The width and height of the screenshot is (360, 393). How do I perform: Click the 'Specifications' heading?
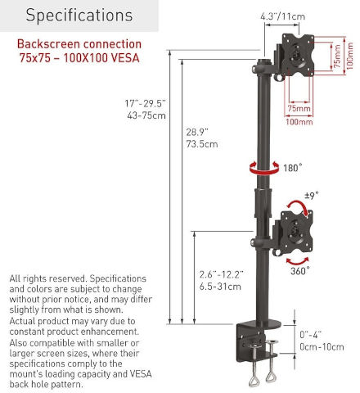click(79, 16)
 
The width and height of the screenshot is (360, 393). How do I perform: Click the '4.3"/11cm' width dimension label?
click(282, 16)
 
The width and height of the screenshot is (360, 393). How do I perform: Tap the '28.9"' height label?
click(197, 132)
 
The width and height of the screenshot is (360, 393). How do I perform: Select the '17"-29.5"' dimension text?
click(145, 103)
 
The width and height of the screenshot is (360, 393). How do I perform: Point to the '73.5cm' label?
click(202, 144)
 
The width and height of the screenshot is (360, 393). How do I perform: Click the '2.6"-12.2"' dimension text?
click(221, 274)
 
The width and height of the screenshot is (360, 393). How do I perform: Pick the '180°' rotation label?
click(293, 168)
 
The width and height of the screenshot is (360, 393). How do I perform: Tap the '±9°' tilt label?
click(312, 196)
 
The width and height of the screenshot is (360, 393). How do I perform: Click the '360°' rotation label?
click(300, 271)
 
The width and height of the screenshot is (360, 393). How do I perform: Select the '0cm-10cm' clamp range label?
click(322, 347)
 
